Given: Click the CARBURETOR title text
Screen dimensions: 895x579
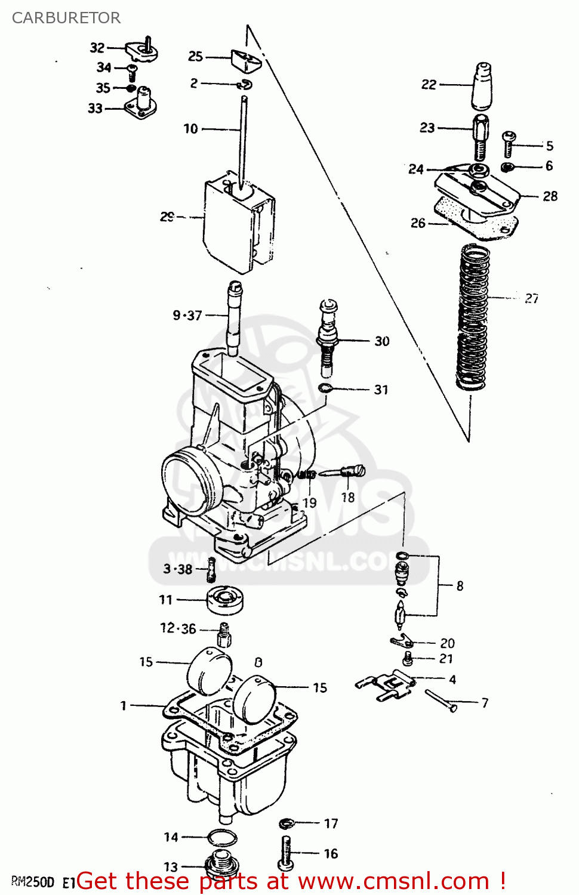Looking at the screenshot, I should pos(66,18).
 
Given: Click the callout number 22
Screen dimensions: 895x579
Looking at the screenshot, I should pos(429,85).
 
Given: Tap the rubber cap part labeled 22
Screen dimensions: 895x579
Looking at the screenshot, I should pos(482,87).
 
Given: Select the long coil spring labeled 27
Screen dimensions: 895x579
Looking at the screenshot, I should pos(474,316).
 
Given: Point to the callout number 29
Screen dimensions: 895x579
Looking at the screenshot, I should pos(167,217).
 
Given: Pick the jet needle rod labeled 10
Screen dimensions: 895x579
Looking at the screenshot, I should pos(244,140).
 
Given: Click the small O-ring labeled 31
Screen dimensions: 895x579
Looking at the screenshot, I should pos(325,389).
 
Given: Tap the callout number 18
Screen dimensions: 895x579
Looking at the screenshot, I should pos(348,497).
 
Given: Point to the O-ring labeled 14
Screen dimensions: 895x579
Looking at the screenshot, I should pos(221,838).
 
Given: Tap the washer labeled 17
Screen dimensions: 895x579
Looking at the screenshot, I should pos(287,823).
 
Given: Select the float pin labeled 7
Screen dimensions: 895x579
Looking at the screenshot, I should pos(441,700).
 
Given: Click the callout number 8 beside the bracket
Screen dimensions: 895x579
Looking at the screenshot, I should pos(460,586).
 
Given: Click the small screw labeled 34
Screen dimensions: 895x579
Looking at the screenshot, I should pos(133,73).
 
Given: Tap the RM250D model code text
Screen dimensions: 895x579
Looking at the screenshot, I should pos(33,882).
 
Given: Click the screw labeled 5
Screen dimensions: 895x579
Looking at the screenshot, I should pos(509,144).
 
